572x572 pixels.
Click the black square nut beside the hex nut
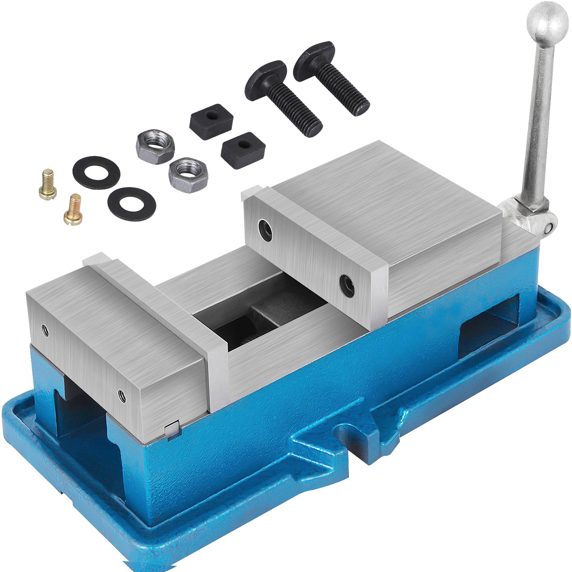211,122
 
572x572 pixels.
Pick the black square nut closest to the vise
243,149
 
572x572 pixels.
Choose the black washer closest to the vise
132,204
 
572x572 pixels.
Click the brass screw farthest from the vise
48,184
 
